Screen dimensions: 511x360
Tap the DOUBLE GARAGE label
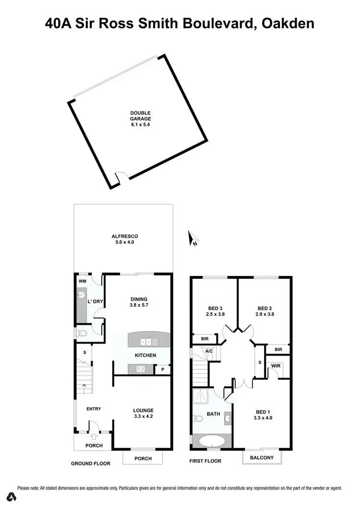click(x=141, y=119)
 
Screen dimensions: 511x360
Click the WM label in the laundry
click(x=82, y=281)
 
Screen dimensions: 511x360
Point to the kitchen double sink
click(x=149, y=342)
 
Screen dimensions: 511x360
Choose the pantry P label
click(x=162, y=369)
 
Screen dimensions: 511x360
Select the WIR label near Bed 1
click(x=276, y=365)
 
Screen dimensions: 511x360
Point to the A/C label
click(x=209, y=351)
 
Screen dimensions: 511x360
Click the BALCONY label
click(x=262, y=458)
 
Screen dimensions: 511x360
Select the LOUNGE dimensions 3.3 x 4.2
click(x=144, y=417)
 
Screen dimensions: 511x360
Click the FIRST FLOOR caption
click(x=205, y=461)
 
